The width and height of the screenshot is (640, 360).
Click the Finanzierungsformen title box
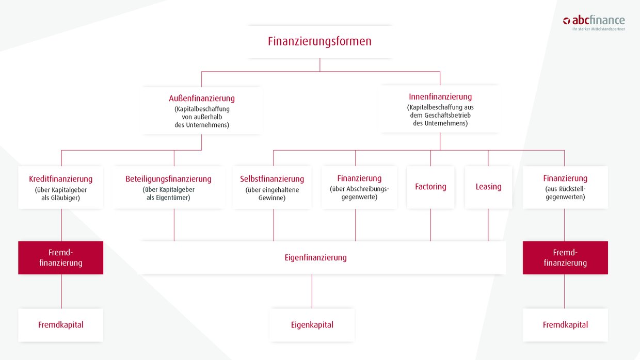[x=319, y=42]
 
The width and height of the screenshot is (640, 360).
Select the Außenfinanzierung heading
[x=202, y=98]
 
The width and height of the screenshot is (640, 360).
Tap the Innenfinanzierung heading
[x=440, y=96]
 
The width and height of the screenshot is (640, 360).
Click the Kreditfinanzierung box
[x=61, y=187]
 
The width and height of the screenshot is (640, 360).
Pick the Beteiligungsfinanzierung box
[x=169, y=187]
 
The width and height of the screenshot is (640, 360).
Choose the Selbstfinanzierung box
[x=272, y=187]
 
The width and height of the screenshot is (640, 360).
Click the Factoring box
[x=430, y=187]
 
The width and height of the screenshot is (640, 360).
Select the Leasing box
[x=488, y=187]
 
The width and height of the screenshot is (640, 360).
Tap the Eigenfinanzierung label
[x=315, y=257]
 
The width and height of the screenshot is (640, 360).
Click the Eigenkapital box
[x=312, y=325]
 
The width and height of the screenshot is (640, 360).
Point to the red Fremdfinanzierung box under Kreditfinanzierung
[x=61, y=257]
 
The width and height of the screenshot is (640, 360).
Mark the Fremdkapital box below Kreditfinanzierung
[x=61, y=325]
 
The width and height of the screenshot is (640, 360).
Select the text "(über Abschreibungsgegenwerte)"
[x=359, y=193]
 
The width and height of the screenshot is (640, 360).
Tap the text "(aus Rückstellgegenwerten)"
[x=565, y=193]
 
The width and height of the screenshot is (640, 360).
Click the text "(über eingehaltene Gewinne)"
[x=272, y=194]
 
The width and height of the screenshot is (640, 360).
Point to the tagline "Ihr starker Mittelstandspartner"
[x=598, y=29]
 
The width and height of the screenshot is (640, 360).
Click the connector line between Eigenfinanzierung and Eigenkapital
[x=312, y=291]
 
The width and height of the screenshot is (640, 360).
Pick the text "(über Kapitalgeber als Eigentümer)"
[x=169, y=194]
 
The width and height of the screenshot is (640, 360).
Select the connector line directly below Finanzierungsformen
[x=320, y=64]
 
